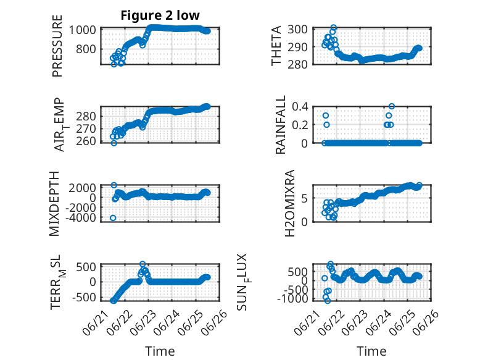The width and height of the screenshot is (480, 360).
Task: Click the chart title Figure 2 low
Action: click(x=160, y=15)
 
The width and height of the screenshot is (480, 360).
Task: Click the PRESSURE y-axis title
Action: click(x=57, y=46)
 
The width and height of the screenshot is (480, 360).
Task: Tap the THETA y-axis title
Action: click(x=276, y=46)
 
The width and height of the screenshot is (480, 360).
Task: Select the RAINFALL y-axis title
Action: click(x=280, y=125)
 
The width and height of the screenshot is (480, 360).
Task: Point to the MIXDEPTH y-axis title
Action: click(x=54, y=203)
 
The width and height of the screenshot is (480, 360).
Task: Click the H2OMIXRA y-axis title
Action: click(x=289, y=203)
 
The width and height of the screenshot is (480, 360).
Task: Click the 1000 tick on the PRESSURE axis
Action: click(x=82, y=30)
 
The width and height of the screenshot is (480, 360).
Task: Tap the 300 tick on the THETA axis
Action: click(x=297, y=30)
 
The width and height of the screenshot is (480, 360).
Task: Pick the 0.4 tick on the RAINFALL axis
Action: click(x=300, y=107)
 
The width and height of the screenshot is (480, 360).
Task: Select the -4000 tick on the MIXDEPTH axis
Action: click(x=80, y=217)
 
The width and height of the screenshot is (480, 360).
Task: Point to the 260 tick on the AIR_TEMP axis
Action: click(x=86, y=141)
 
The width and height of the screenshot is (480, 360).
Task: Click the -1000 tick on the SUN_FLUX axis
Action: click(x=292, y=298)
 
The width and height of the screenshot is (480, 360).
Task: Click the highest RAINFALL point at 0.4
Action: click(x=392, y=106)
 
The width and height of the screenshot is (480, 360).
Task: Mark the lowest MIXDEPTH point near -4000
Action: click(x=113, y=218)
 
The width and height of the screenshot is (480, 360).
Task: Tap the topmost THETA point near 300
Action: click(x=333, y=28)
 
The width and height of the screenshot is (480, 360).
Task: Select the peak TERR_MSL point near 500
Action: click(x=143, y=264)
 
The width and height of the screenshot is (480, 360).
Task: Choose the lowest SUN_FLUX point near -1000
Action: click(x=328, y=301)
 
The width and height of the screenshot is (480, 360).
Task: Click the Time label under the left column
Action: click(x=160, y=351)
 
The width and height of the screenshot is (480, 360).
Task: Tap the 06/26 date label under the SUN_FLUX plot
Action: click(x=428, y=321)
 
